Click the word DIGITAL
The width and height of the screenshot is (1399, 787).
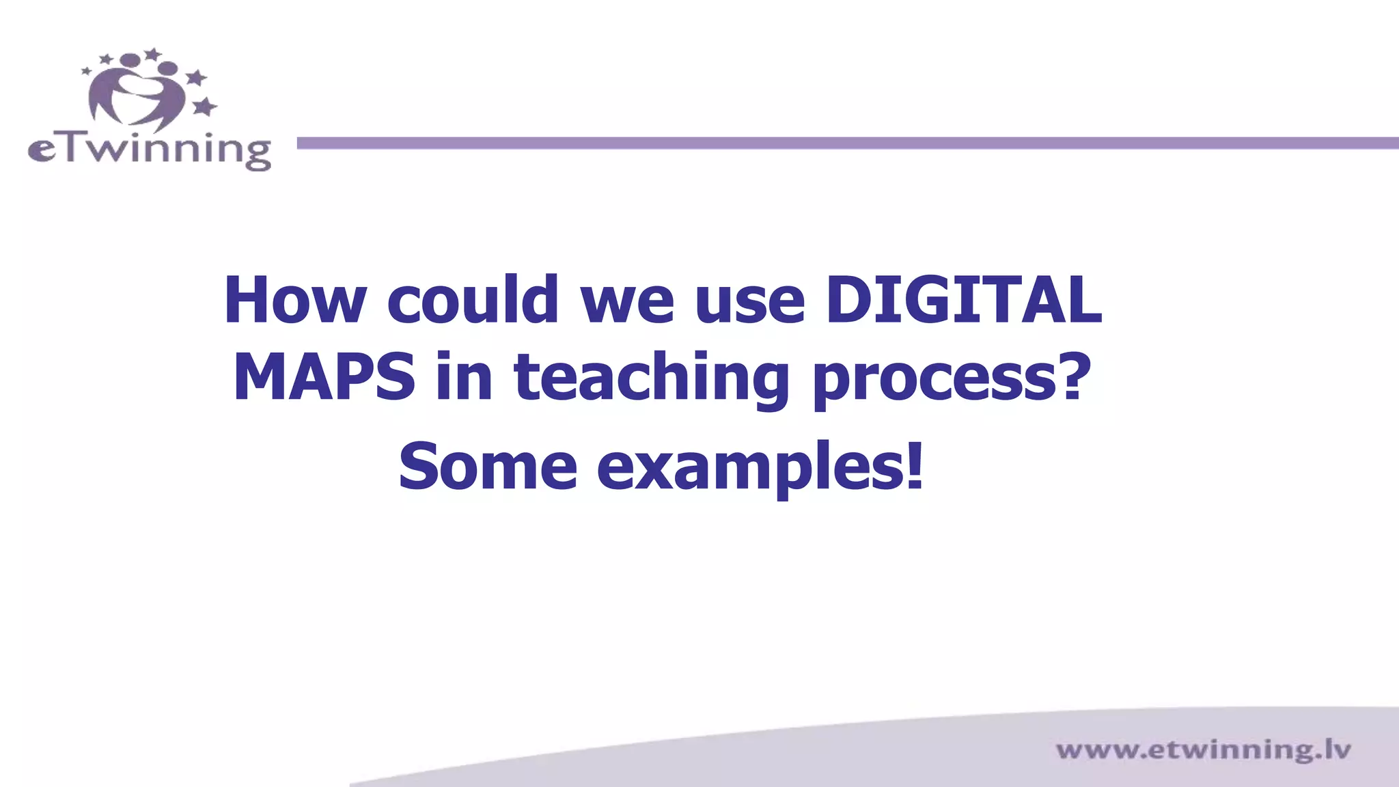pos(963,301)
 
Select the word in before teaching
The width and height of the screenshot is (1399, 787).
pos(464,377)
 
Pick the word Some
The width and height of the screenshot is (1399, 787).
pos(488,467)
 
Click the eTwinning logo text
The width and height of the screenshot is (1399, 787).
pos(149,150)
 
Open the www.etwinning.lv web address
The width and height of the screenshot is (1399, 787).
pos(1203,750)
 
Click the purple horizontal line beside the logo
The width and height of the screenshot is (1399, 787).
pos(847,143)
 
